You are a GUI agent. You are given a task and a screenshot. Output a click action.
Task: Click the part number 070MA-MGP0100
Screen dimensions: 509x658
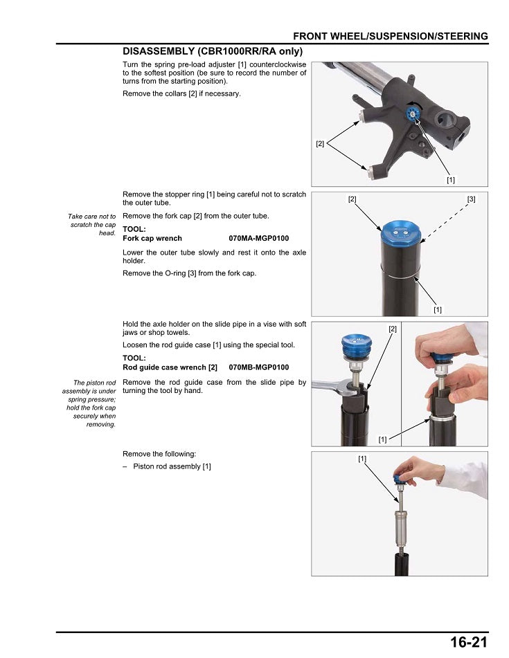259,238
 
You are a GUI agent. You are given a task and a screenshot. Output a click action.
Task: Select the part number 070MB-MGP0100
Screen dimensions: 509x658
259,367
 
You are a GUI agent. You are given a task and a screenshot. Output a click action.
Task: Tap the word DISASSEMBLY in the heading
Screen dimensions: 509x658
158,51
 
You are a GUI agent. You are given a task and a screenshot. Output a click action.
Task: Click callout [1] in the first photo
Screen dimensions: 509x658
451,180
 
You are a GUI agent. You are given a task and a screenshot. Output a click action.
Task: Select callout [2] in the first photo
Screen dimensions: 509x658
320,143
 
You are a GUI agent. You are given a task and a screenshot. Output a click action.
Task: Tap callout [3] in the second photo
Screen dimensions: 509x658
471,199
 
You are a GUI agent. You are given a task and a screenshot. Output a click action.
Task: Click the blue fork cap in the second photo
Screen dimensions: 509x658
401,232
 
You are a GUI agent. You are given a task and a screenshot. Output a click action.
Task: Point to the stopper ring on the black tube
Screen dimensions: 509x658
401,274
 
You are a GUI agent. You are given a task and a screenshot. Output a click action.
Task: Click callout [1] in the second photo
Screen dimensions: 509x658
438,310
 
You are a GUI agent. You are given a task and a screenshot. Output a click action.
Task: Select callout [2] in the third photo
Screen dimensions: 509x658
393,329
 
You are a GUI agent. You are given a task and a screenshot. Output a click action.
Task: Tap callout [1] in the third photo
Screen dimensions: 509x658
382,439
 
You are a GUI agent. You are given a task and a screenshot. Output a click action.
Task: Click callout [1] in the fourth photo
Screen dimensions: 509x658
362,459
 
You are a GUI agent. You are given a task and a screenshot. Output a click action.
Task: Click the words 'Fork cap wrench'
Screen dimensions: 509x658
152,238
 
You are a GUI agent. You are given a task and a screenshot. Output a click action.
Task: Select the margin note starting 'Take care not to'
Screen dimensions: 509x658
92,224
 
